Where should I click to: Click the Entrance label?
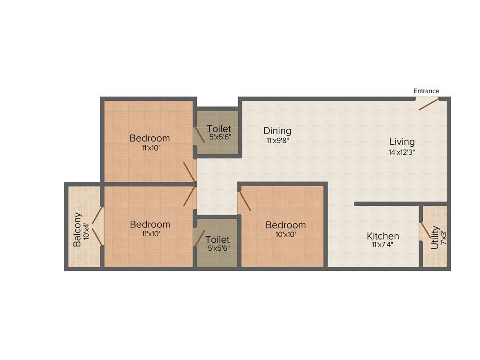tap(426, 91)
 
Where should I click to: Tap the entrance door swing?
tap(428, 105)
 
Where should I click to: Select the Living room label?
tap(402, 142)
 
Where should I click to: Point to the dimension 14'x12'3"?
tap(402, 152)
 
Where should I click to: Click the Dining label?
tap(277, 131)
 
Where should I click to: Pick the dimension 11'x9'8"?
tap(277, 140)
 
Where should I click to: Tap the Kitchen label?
tap(382, 236)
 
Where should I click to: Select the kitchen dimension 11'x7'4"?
tap(382, 245)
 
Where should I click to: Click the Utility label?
tap(435, 237)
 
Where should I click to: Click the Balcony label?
tap(77, 230)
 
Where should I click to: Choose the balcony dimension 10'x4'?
tap(86, 230)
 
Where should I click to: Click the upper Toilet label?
tap(219, 128)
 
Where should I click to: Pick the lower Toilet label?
tap(217, 240)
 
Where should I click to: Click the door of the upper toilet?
tap(199, 134)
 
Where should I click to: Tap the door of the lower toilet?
tap(199, 237)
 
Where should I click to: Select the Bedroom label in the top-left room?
tap(150, 138)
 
